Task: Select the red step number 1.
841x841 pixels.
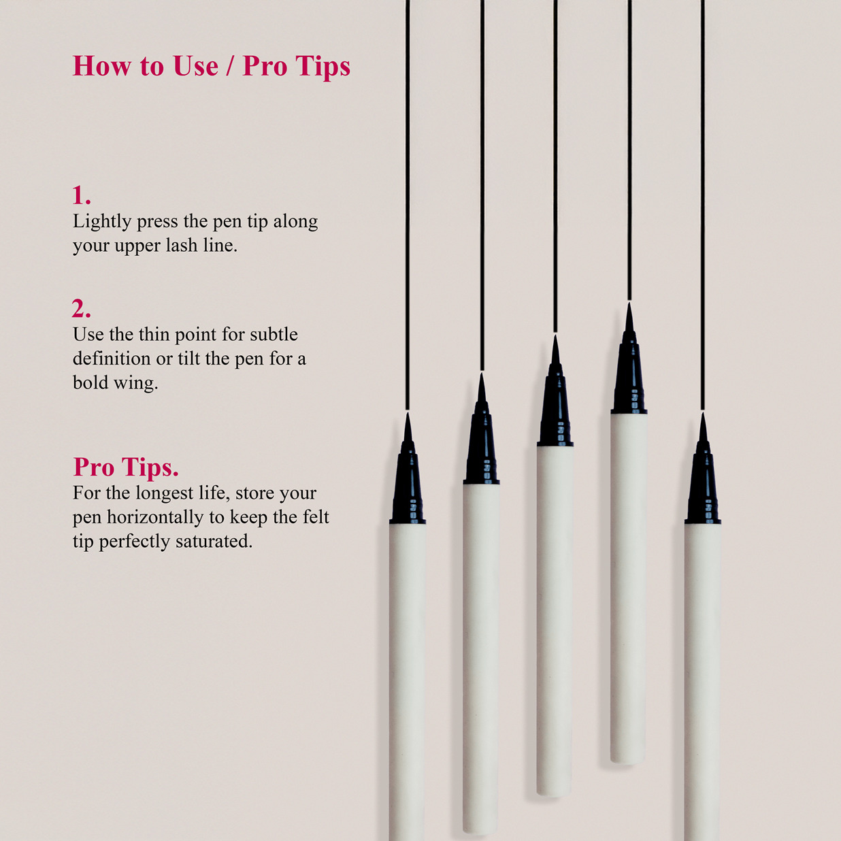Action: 82,195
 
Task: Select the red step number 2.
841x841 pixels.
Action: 82,308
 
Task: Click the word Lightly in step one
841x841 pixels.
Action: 102,222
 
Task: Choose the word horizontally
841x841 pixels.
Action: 155,517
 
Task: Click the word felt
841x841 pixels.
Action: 314,517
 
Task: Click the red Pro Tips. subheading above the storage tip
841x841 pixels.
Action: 126,467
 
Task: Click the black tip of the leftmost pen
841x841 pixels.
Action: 408,469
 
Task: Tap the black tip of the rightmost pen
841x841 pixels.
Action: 703,469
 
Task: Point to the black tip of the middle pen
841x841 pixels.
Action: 555,391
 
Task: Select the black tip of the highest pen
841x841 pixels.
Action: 629,358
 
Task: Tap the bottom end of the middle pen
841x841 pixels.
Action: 555,795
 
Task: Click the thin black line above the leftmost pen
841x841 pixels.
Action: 408,204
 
